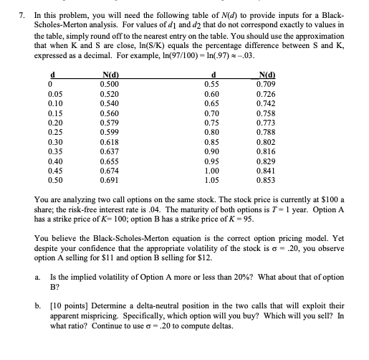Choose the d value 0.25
53,133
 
